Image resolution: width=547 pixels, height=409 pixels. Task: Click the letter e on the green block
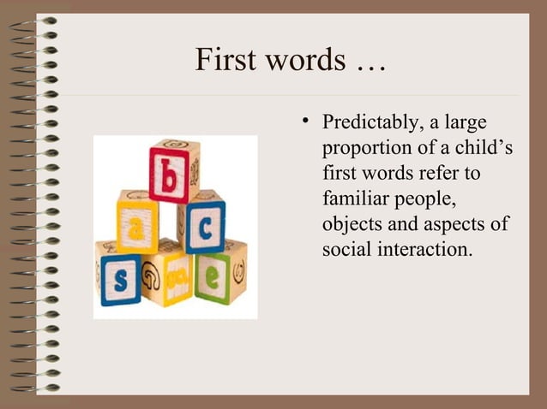pos(210,277)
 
